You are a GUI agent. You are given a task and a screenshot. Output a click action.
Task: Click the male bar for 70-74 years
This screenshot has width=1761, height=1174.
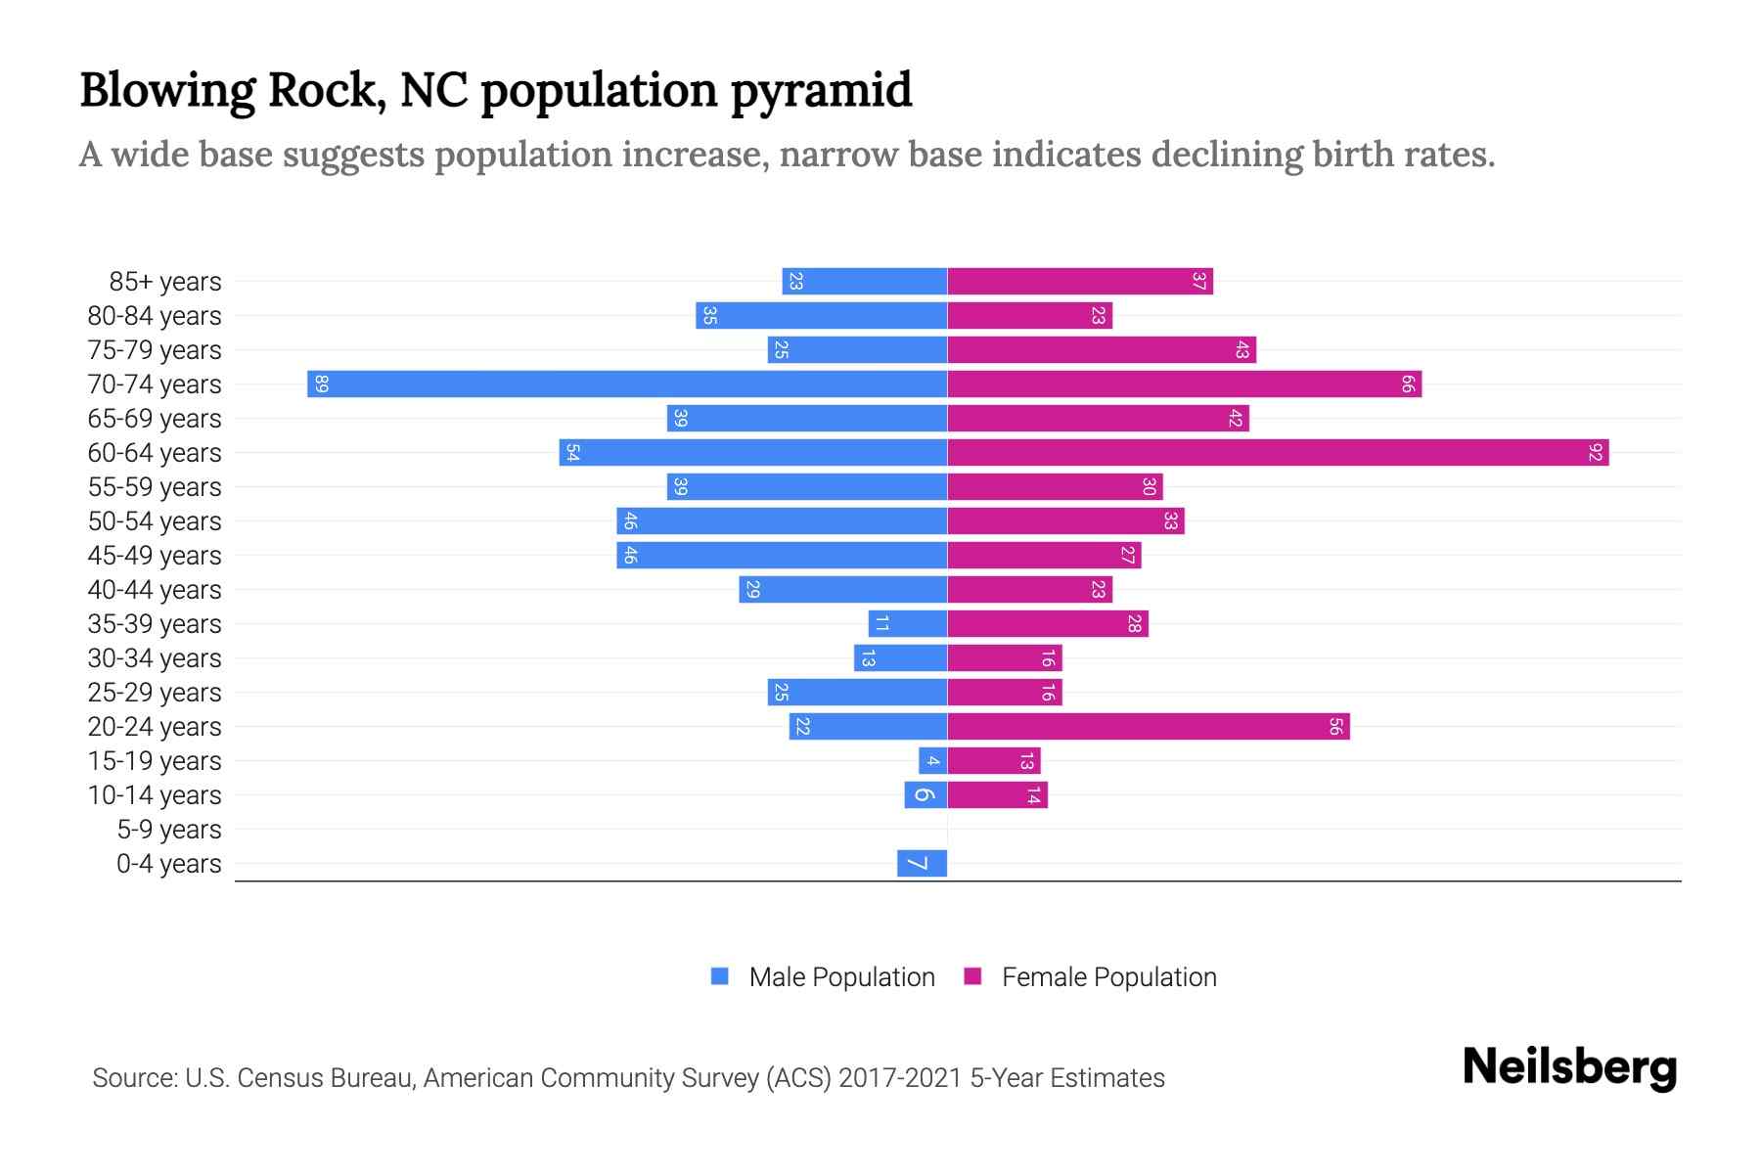[x=626, y=384]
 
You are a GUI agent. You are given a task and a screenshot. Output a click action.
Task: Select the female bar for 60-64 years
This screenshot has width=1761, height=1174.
[x=1277, y=452]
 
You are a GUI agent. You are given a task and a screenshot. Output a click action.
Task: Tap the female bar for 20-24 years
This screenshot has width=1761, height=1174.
[x=1148, y=726]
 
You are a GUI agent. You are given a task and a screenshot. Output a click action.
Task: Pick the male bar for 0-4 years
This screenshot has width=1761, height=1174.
[x=922, y=863]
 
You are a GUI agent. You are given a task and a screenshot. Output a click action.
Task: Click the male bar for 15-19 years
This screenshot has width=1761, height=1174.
[x=932, y=760]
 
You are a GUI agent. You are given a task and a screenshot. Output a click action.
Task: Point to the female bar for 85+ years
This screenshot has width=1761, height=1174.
[x=1079, y=281]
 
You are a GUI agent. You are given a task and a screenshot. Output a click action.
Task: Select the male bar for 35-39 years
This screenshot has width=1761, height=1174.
[x=907, y=623]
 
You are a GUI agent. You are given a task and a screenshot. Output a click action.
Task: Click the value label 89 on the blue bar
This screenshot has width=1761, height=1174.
[x=322, y=384]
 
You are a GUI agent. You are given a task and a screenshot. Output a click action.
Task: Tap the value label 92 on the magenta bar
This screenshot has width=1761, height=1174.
[x=1596, y=452]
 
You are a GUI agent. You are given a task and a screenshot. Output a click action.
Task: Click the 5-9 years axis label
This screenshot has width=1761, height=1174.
[x=168, y=830]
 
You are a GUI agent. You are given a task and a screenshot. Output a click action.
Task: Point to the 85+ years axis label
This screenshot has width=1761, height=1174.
[x=165, y=282]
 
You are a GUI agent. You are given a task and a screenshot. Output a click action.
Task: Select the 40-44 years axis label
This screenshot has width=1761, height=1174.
[x=155, y=590]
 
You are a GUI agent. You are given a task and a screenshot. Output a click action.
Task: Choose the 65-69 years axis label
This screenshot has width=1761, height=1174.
[x=155, y=419]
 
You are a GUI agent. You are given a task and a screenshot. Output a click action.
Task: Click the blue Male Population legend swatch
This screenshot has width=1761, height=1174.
[x=720, y=976]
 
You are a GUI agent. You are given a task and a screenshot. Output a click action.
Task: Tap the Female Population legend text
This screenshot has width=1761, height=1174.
[x=1108, y=976]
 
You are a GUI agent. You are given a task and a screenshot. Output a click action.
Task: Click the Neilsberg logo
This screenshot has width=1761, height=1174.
[x=1569, y=1067]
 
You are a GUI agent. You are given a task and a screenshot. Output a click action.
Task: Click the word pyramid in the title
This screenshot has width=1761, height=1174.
[x=820, y=91]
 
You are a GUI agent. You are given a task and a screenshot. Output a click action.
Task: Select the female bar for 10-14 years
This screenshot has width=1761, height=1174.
[x=997, y=794]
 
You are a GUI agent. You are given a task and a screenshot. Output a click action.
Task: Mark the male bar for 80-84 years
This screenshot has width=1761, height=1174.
[x=821, y=315]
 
